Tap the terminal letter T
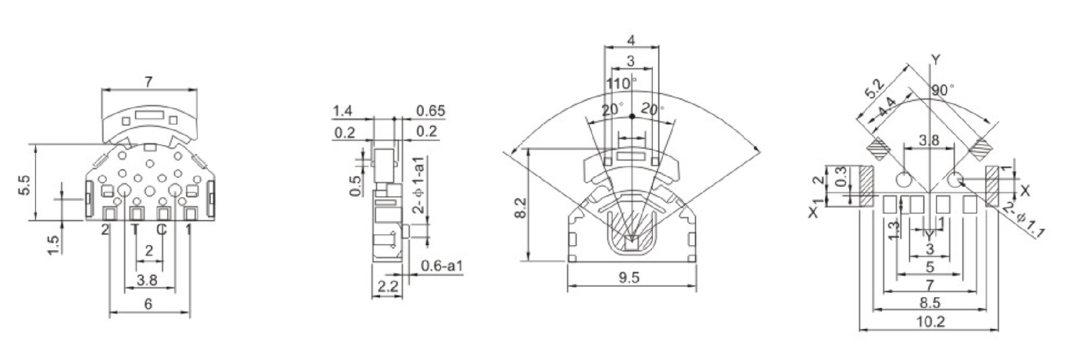[135, 229]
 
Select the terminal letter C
[161, 229]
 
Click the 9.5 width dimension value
[629, 277]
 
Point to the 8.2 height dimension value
[521, 207]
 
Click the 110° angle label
[621, 83]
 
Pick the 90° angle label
[943, 90]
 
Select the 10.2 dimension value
[929, 322]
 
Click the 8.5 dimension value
[929, 303]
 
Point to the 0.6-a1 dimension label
[442, 266]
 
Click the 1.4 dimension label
[343, 111]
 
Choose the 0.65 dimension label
[430, 111]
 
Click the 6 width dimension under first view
[148, 304]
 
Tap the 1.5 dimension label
[54, 244]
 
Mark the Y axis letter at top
[936, 60]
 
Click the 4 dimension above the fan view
[631, 41]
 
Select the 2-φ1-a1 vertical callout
[419, 186]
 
